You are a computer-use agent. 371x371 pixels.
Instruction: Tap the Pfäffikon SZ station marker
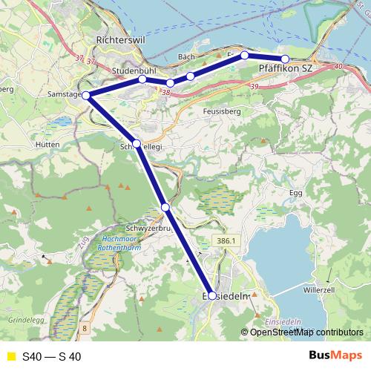[x=284, y=59]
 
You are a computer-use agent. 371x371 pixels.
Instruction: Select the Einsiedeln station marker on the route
[x=212, y=295]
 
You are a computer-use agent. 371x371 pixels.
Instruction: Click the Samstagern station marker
[x=86, y=95]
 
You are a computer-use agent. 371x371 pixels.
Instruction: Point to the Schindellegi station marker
[x=136, y=143]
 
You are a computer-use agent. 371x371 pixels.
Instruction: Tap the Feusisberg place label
[x=222, y=111]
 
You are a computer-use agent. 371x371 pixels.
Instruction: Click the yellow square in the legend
[x=10, y=357]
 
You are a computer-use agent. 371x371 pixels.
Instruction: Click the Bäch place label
[x=187, y=57]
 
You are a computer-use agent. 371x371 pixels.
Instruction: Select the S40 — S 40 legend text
[x=52, y=357]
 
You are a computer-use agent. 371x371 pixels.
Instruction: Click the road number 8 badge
[x=85, y=327]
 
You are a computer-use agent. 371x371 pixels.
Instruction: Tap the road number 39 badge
[x=255, y=87]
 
